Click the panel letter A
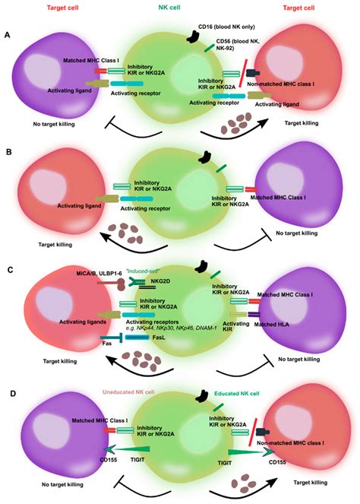[7, 35]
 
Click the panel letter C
[7, 268]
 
